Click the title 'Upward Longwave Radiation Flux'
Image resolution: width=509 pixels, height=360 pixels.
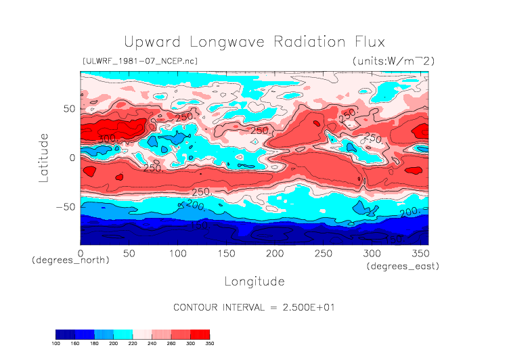(254, 41)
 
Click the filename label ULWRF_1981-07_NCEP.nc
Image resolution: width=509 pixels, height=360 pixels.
(139, 61)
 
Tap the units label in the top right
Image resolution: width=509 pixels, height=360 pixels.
(393, 61)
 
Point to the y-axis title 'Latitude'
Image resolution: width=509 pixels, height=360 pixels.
(44, 157)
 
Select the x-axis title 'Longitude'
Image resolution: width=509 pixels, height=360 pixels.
(254, 281)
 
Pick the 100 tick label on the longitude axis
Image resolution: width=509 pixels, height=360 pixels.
(177, 253)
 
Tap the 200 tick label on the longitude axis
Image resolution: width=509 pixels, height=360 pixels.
(274, 253)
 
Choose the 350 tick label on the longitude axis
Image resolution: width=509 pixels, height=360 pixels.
(420, 253)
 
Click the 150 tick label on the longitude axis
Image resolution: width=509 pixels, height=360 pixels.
(225, 253)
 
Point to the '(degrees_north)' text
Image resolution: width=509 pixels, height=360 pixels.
(70, 260)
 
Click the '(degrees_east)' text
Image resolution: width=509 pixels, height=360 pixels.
(403, 267)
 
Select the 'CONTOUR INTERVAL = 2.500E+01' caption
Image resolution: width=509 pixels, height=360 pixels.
(254, 307)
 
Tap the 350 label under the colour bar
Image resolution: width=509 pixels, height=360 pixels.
(209, 344)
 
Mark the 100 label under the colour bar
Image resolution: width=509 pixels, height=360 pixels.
(56, 344)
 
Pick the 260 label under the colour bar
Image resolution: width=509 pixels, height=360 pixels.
(179, 344)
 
